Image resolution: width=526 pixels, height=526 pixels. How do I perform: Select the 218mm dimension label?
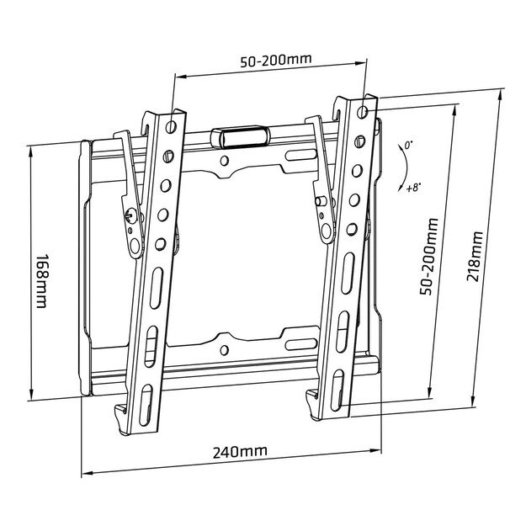tap(475, 256)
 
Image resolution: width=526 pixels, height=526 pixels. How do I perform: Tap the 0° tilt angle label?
tap(408, 146)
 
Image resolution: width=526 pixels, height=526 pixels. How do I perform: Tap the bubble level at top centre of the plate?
tap(241, 134)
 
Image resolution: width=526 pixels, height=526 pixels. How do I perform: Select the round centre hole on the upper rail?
tap(225, 160)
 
